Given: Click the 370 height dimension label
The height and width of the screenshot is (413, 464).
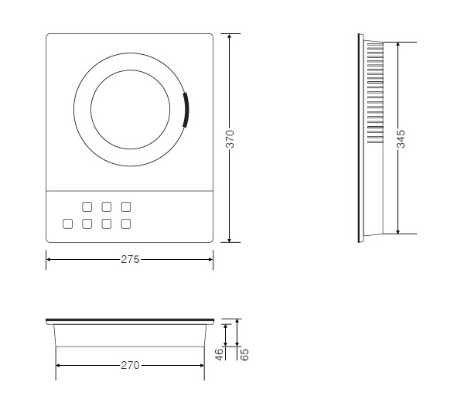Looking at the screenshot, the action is tap(230, 138).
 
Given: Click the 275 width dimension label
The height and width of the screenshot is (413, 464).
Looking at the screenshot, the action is tap(130, 259).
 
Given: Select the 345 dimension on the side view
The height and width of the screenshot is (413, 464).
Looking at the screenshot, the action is tap(401, 138).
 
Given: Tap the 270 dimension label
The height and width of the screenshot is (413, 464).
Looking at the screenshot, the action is tap(130, 365).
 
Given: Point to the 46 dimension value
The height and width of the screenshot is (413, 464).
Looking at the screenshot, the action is tap(219, 354).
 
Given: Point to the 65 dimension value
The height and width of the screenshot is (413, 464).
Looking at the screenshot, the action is tap(244, 355).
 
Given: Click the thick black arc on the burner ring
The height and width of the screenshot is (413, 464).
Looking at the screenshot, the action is tap(186, 110).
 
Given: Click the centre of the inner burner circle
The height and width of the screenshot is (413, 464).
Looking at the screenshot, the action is tap(131, 110).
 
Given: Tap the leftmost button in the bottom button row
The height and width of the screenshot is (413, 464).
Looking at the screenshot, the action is tap(68, 224).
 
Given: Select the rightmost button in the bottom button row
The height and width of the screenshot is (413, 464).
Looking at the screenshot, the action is tap(126, 224).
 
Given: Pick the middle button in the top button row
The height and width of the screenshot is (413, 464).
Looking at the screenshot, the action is tap(107, 206).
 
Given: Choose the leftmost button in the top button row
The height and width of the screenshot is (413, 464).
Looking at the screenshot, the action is tap(87, 206).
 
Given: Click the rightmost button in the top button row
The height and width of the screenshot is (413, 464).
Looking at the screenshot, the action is tap(126, 206).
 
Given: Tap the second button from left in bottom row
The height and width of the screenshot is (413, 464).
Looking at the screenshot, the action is tap(87, 224).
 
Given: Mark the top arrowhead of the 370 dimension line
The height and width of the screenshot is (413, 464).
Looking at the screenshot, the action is tap(230, 36).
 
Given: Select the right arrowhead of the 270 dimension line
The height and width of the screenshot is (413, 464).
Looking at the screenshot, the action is tap(202, 365).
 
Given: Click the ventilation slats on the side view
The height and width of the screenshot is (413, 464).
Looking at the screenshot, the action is tap(375, 93).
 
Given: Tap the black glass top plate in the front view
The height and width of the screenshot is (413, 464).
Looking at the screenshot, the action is tap(130, 320).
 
